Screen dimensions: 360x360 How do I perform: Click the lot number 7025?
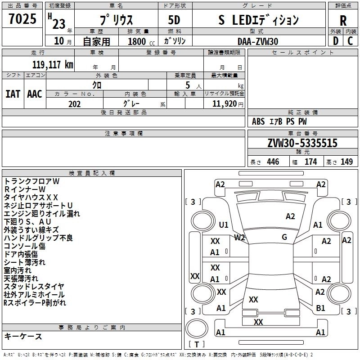(22, 20)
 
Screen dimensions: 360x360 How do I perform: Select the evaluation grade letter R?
(343, 21)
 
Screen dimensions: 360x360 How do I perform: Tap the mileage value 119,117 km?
(53, 64)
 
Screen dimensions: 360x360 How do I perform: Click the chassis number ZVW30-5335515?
(302, 143)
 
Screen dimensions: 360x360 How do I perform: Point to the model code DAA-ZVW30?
(258, 41)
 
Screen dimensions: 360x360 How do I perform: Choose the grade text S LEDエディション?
(258, 20)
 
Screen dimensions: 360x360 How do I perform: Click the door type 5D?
(174, 21)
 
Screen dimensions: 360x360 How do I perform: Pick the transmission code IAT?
(13, 94)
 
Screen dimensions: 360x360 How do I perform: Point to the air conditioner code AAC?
(34, 94)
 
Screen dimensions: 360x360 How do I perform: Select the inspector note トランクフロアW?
(31, 181)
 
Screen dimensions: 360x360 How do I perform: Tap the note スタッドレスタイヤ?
(34, 286)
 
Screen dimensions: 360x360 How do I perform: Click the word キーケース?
(23, 336)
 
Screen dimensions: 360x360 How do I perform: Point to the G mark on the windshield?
(284, 237)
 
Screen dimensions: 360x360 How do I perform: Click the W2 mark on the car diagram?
(239, 237)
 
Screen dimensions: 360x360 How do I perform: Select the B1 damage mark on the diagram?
(320, 308)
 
